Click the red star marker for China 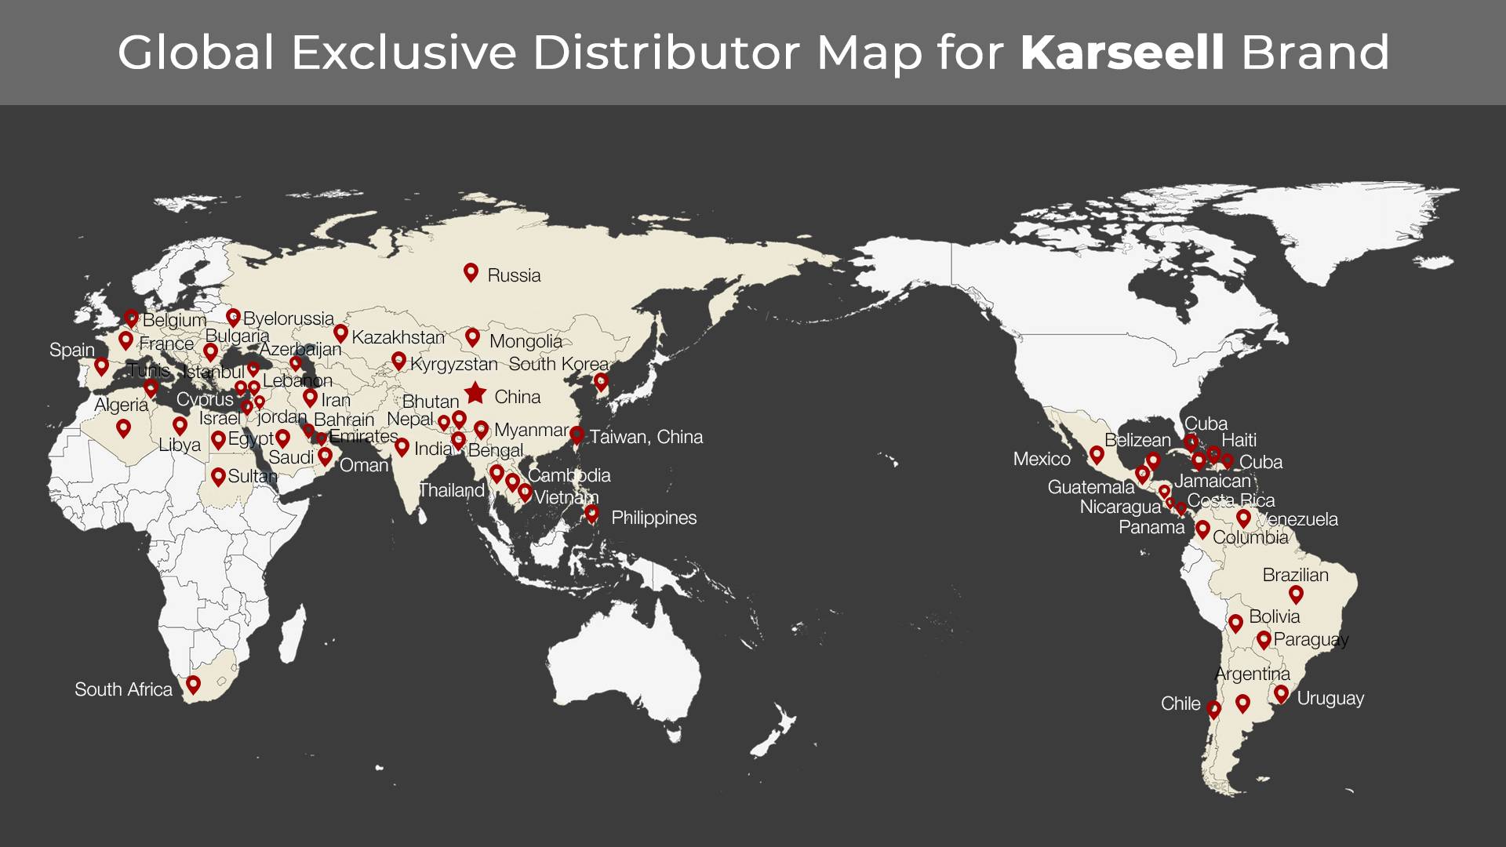(475, 393)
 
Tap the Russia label (514, 275)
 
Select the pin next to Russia (471, 271)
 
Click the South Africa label (123, 689)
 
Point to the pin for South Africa (193, 684)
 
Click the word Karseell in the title (1122, 53)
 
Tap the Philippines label (653, 518)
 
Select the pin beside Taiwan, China (577, 434)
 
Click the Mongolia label (526, 341)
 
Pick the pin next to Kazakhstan (340, 333)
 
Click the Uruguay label (1330, 698)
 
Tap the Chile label (1180, 703)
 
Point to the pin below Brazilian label (1296, 594)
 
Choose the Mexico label (1042, 459)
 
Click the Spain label (71, 350)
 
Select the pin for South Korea (601, 381)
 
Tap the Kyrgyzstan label (453, 364)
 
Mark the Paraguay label (1311, 639)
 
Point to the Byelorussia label (289, 318)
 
